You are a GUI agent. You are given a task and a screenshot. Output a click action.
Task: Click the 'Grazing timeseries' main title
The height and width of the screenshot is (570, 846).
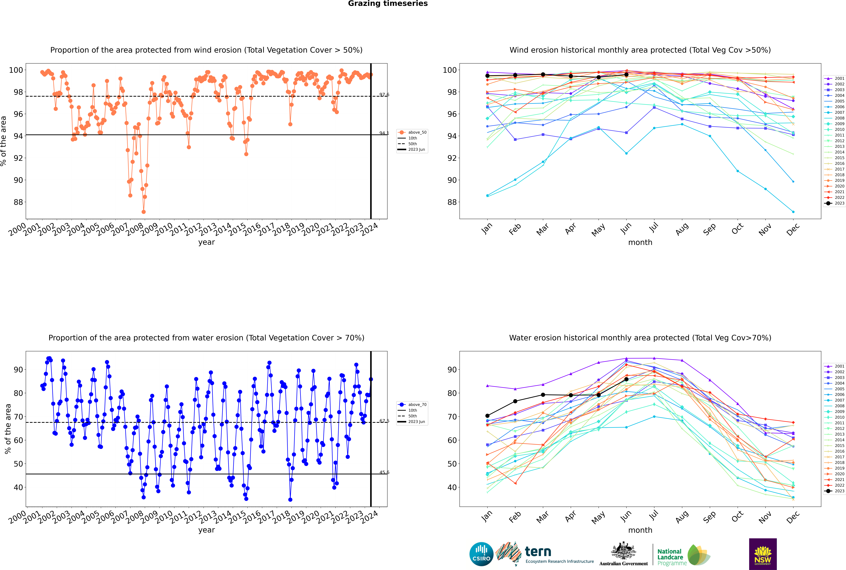coord(388,4)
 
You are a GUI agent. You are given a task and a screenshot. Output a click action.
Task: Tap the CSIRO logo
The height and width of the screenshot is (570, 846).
coord(481,554)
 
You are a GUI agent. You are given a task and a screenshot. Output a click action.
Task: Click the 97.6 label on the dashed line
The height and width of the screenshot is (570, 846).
coord(384,95)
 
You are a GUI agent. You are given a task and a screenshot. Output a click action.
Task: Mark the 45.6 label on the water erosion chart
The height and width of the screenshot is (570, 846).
coord(384,473)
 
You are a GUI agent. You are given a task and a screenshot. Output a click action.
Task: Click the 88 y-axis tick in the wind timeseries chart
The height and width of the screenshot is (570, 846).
coord(18,202)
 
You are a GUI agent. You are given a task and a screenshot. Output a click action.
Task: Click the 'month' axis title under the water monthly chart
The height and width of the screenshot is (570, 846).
coord(640,530)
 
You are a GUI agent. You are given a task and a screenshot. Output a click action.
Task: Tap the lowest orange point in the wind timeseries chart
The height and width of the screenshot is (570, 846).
coord(144,212)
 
